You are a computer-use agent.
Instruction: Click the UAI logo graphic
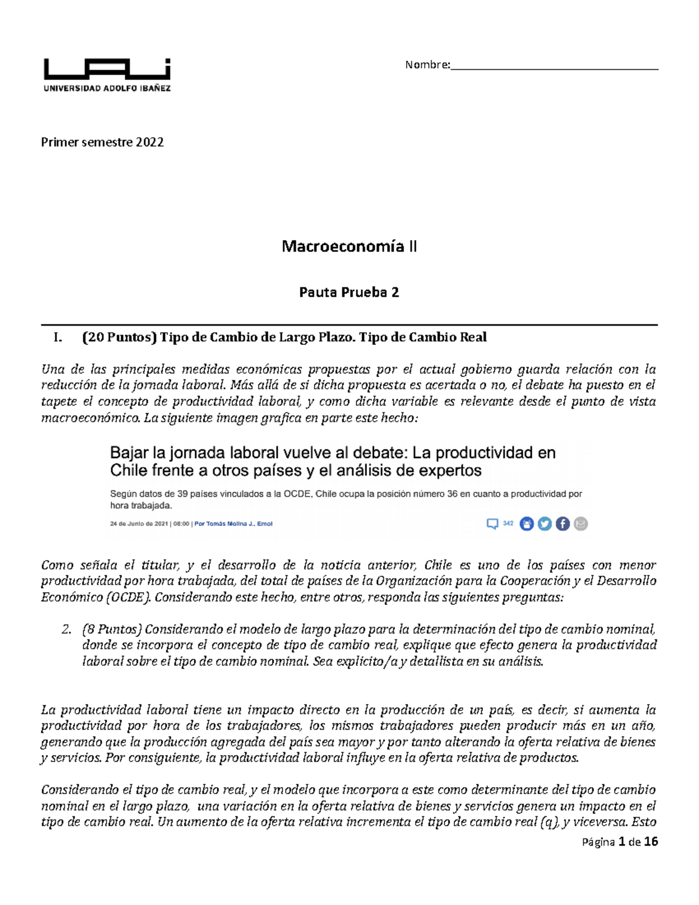coord(107,69)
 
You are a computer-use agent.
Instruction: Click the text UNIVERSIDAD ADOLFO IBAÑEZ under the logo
coord(107,89)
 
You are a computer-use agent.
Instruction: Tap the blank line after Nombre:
coord(554,66)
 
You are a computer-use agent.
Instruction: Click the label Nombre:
coord(428,65)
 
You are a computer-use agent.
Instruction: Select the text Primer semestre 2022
coord(102,142)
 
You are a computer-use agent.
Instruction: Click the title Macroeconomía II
coord(349,247)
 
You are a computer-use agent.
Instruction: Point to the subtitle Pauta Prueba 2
coord(349,292)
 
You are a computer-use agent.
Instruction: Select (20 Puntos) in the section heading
coord(119,337)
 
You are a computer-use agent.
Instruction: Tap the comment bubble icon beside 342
coord(492,524)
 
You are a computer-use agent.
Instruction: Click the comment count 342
coord(508,523)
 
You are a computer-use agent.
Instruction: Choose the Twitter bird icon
coord(545,524)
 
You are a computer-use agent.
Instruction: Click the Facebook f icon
coord(563,524)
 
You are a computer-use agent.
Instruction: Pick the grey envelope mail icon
coord(581,524)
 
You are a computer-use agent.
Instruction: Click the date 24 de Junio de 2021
coord(139,524)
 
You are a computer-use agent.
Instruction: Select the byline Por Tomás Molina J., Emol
coord(233,524)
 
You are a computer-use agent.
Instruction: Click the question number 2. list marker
coord(66,629)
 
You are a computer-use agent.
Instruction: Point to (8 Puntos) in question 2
coord(112,629)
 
